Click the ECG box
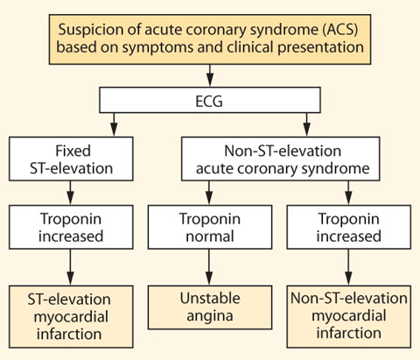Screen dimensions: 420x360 [210, 100]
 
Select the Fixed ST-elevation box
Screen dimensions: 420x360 [71, 159]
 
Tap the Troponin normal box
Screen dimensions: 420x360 [210, 227]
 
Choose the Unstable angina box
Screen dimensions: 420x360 [210, 307]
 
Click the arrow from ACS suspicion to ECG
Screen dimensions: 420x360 [210, 75]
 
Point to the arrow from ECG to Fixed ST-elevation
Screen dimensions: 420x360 [114, 124]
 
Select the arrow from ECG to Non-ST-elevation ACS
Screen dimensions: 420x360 [306, 124]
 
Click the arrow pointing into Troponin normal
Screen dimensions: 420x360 [209, 193]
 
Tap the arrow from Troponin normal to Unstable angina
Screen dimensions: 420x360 [209, 267]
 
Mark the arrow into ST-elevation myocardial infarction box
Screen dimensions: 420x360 [70, 267]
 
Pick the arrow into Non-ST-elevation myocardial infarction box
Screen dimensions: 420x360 [348, 267]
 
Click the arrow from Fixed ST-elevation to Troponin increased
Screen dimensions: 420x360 [70, 193]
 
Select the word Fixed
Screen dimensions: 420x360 [73, 151]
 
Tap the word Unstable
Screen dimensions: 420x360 [210, 299]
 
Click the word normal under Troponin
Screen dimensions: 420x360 [210, 236]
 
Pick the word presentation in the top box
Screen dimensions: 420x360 [320, 48]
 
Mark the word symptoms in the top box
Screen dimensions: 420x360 [157, 48]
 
